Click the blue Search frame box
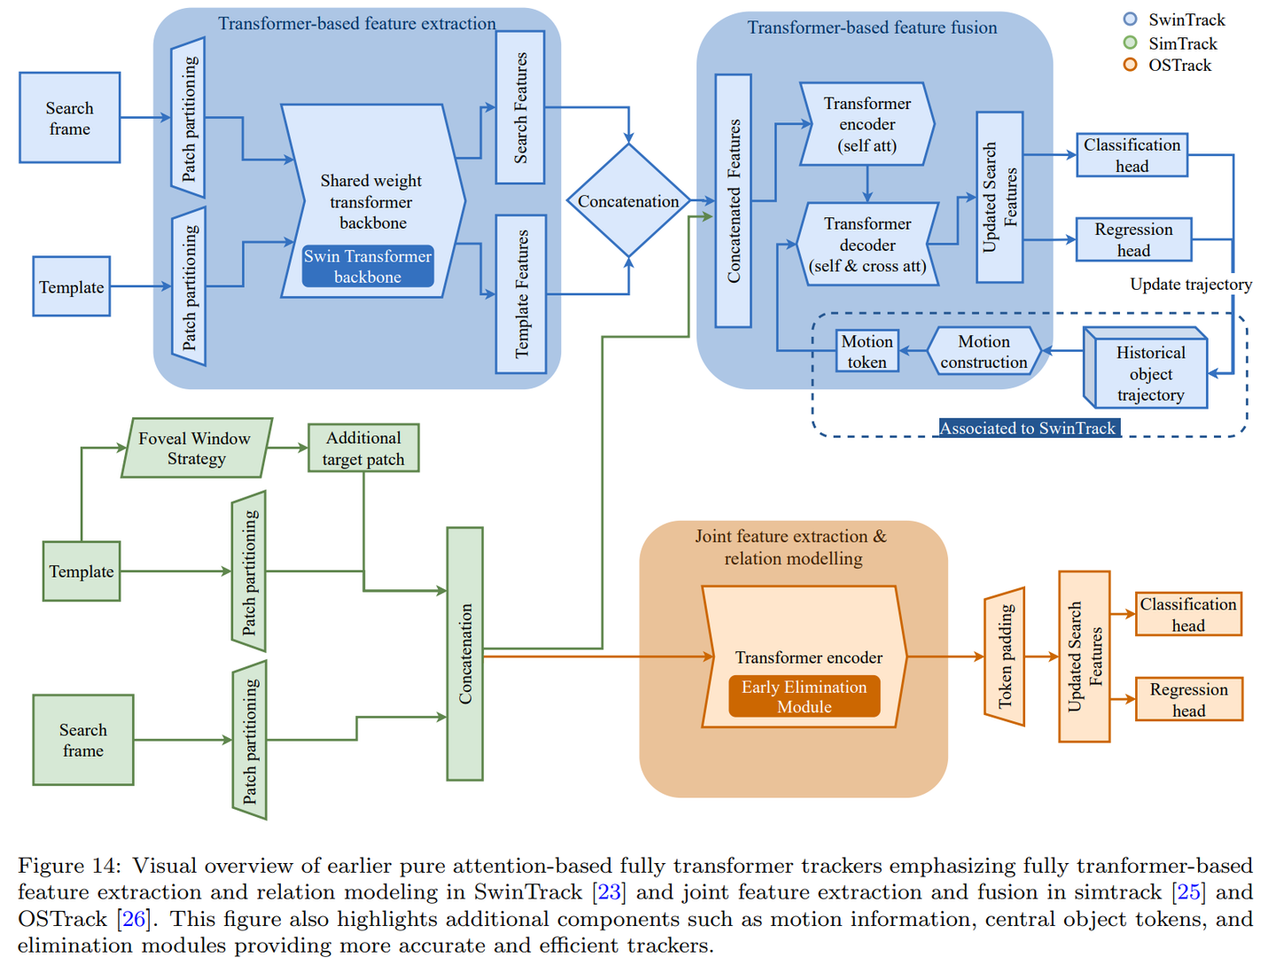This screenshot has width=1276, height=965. pyautogui.click(x=70, y=118)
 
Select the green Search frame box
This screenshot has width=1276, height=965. pyautogui.click(x=83, y=739)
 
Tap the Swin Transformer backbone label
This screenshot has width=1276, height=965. pyautogui.click(x=368, y=266)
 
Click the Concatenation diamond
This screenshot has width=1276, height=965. pyautogui.click(x=628, y=200)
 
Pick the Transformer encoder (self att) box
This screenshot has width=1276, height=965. pyautogui.click(x=867, y=124)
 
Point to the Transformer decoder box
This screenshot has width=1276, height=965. pyautogui.click(x=867, y=245)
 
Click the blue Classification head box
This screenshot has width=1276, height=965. pyautogui.click(x=1132, y=155)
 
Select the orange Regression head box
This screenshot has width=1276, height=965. pyautogui.click(x=1189, y=699)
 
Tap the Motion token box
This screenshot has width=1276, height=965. pyautogui.click(x=867, y=351)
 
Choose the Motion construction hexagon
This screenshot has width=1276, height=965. pyautogui.click(x=984, y=351)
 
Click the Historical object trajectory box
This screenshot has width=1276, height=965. pyautogui.click(x=1145, y=368)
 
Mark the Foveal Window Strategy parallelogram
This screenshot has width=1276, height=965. pyautogui.click(x=197, y=447)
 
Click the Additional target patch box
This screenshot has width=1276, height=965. pyautogui.click(x=363, y=447)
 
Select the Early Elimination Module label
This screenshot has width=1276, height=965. pyautogui.click(x=804, y=696)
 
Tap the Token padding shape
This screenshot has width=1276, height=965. pyautogui.click(x=1004, y=657)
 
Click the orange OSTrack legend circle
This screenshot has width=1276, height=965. pyautogui.click(x=1130, y=65)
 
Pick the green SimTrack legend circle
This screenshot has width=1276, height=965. pyautogui.click(x=1130, y=43)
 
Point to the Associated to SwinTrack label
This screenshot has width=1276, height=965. pyautogui.click(x=1029, y=428)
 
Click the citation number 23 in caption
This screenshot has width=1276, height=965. pyautogui.click(x=610, y=891)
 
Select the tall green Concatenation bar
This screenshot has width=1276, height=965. pyautogui.click(x=464, y=653)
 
